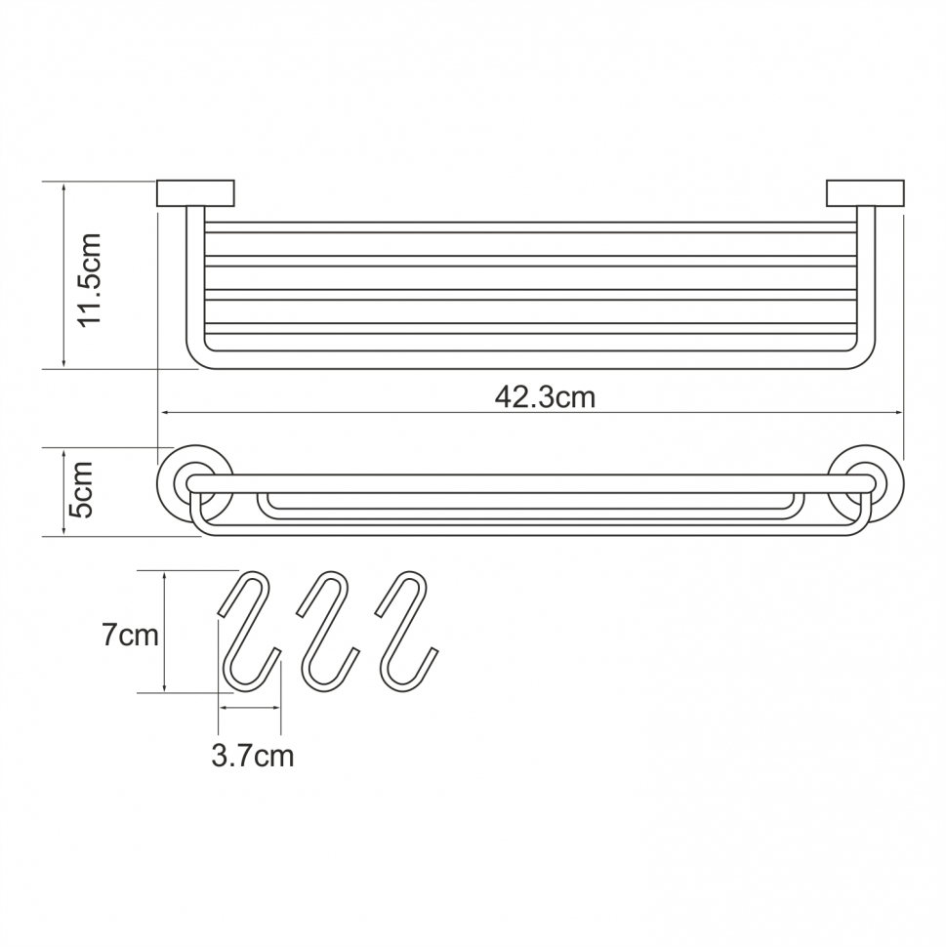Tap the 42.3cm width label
pos(545,397)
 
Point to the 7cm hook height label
pos(130,636)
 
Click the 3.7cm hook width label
pos(252,755)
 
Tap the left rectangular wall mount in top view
pos(196,193)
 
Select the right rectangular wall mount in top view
pos(866,193)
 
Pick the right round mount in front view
pos(865,482)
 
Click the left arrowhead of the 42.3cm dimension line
pos(163,413)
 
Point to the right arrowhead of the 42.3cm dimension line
pos(899,413)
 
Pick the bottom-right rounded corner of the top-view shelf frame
pos(867,360)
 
